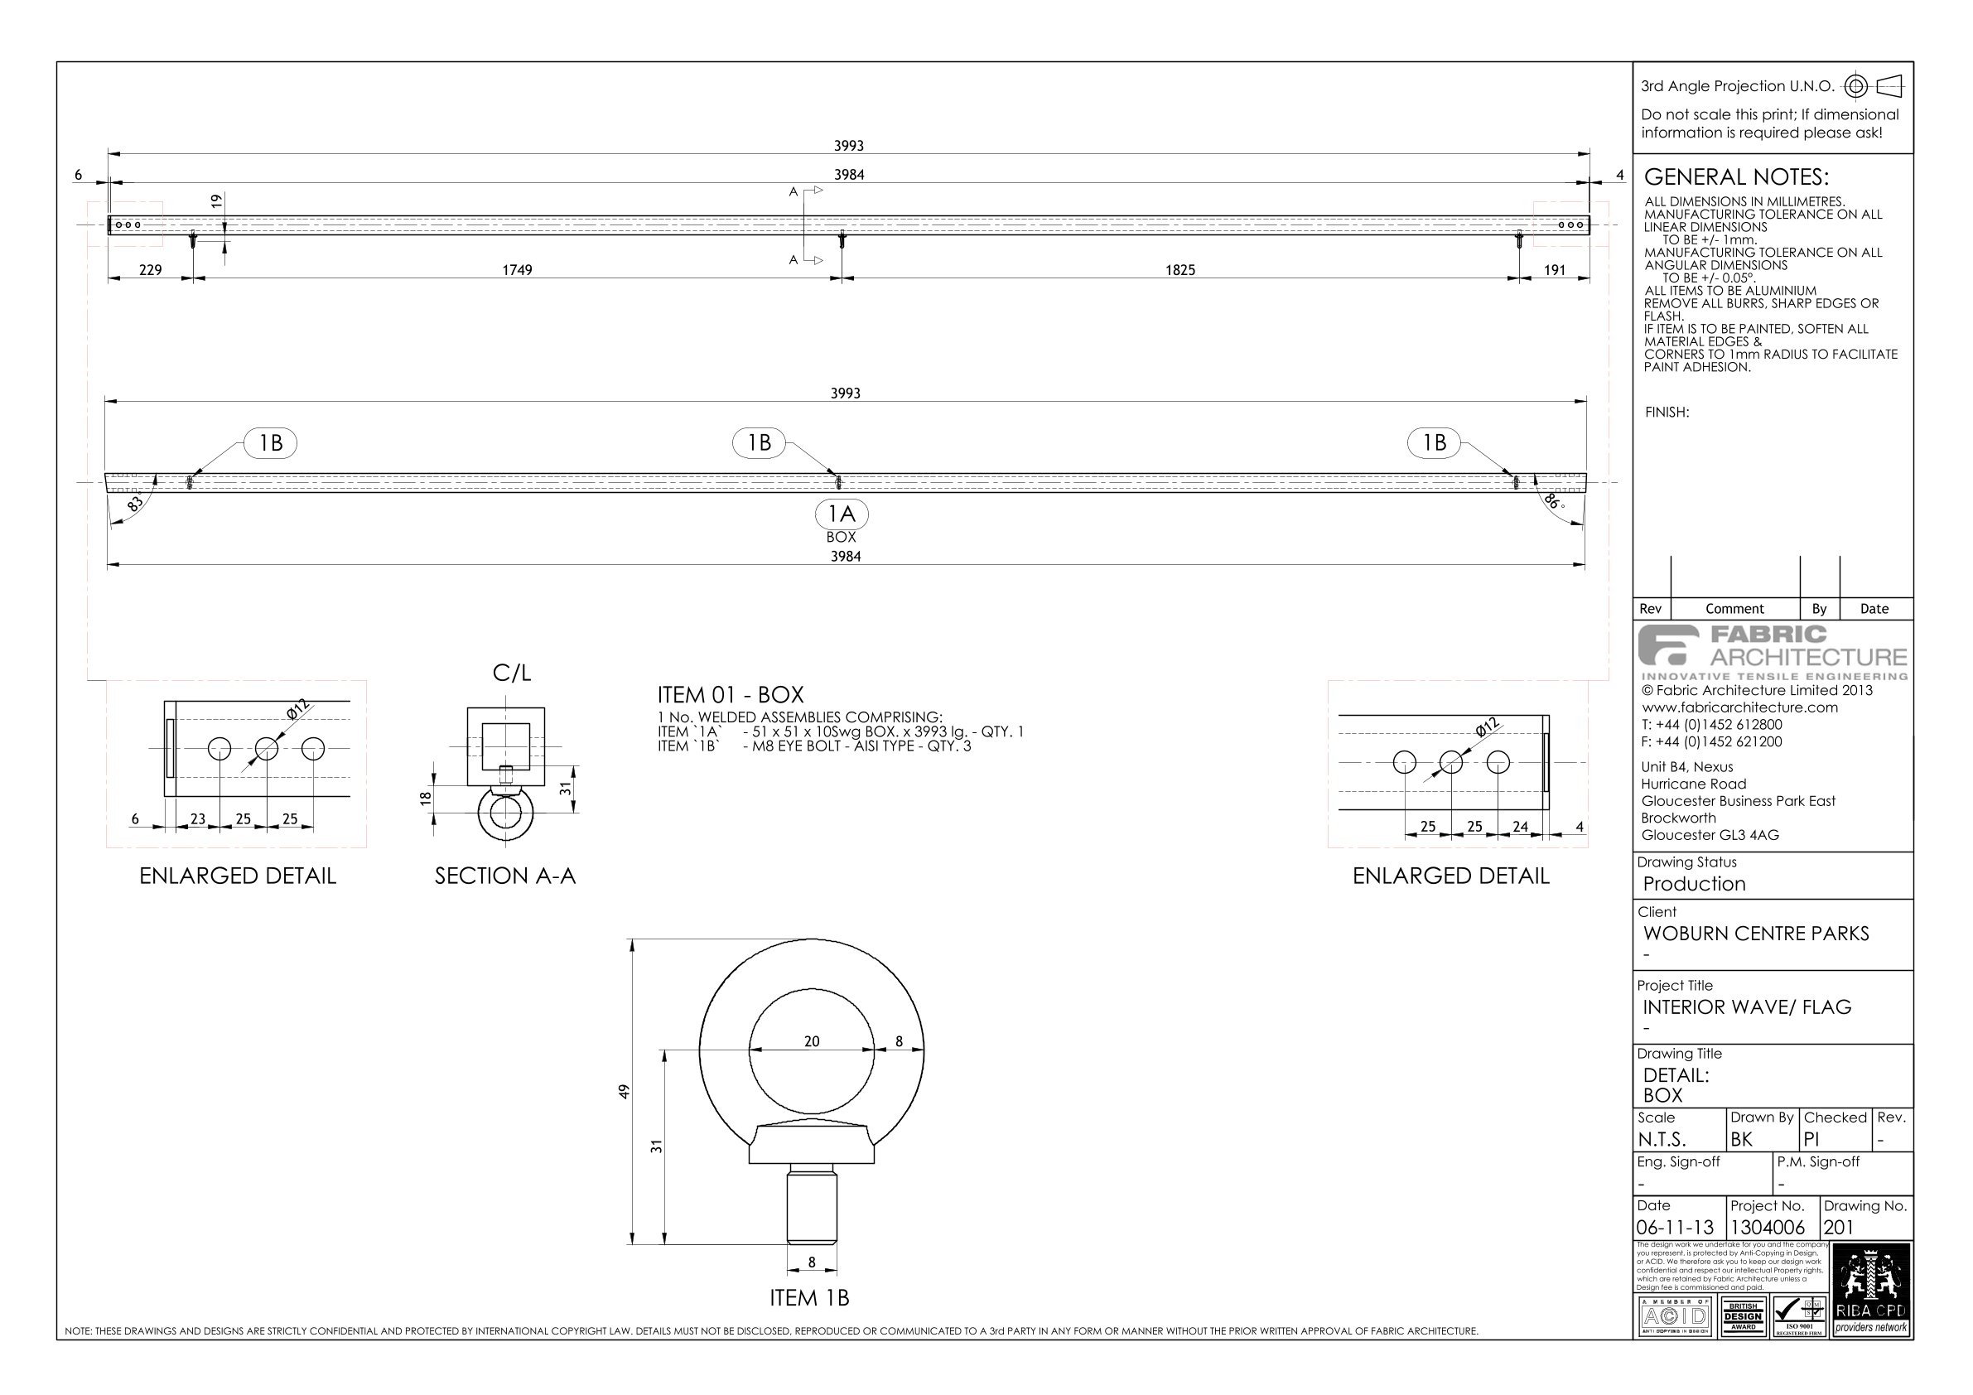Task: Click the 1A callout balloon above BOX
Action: (842, 514)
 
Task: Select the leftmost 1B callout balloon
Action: (272, 442)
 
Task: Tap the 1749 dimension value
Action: (518, 270)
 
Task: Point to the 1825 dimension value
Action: (1179, 270)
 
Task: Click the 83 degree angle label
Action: (135, 504)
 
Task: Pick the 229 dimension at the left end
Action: (151, 270)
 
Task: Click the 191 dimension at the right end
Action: (1555, 270)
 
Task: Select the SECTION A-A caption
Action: (505, 876)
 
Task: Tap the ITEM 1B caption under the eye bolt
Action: (809, 1298)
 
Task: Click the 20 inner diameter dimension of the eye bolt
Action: (811, 1042)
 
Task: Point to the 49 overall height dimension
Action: (625, 1091)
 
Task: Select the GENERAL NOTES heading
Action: (1736, 177)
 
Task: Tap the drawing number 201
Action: (1839, 1228)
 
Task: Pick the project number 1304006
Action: (1768, 1228)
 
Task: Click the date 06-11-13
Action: (1676, 1228)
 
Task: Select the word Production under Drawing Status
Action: (1694, 884)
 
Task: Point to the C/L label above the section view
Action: (511, 673)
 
